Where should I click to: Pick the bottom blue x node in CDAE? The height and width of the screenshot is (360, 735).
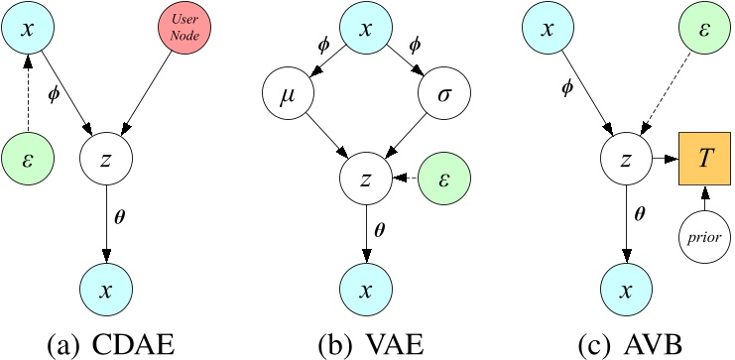[107, 290]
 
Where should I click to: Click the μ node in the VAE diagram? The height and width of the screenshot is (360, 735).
[289, 100]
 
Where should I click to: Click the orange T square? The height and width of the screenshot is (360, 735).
[705, 160]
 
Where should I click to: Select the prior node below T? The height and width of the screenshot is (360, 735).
[705, 237]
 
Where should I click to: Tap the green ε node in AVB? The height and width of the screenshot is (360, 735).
[705, 28]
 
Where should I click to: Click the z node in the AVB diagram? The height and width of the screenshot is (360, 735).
[625, 160]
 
